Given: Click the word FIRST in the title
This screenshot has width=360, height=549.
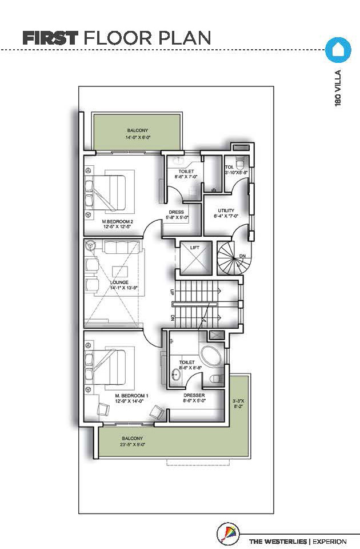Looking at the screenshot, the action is click(x=50, y=38).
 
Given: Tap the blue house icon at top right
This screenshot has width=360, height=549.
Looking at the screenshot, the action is click(x=338, y=50).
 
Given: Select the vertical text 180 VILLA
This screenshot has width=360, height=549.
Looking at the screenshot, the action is click(x=338, y=88).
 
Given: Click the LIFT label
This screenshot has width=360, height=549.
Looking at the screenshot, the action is click(x=195, y=248).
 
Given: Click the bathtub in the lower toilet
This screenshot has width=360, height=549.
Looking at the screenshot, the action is click(x=210, y=356).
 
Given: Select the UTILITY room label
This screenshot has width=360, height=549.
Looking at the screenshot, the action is click(x=226, y=210).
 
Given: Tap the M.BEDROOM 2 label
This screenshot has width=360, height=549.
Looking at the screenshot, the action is click(x=118, y=221).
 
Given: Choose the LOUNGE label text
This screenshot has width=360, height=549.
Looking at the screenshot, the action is click(x=119, y=282).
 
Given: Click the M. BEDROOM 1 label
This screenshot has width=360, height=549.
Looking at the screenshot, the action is click(x=132, y=396).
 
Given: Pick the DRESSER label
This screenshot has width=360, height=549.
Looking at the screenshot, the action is click(x=194, y=395).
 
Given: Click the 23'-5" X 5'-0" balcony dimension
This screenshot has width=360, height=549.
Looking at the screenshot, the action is click(x=133, y=444).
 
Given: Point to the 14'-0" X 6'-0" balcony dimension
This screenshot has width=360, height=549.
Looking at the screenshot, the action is click(x=138, y=138).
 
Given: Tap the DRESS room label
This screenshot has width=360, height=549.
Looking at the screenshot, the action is click(x=177, y=212).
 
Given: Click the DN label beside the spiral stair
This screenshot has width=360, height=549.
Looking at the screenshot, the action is click(x=242, y=256).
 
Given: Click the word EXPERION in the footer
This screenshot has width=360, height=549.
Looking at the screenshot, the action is click(x=330, y=542).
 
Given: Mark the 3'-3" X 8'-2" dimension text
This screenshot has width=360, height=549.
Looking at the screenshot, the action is click(x=238, y=404).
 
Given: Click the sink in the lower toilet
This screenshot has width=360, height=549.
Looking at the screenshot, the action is click(x=175, y=375).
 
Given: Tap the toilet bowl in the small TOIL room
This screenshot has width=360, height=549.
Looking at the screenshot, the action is click(x=240, y=162).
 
